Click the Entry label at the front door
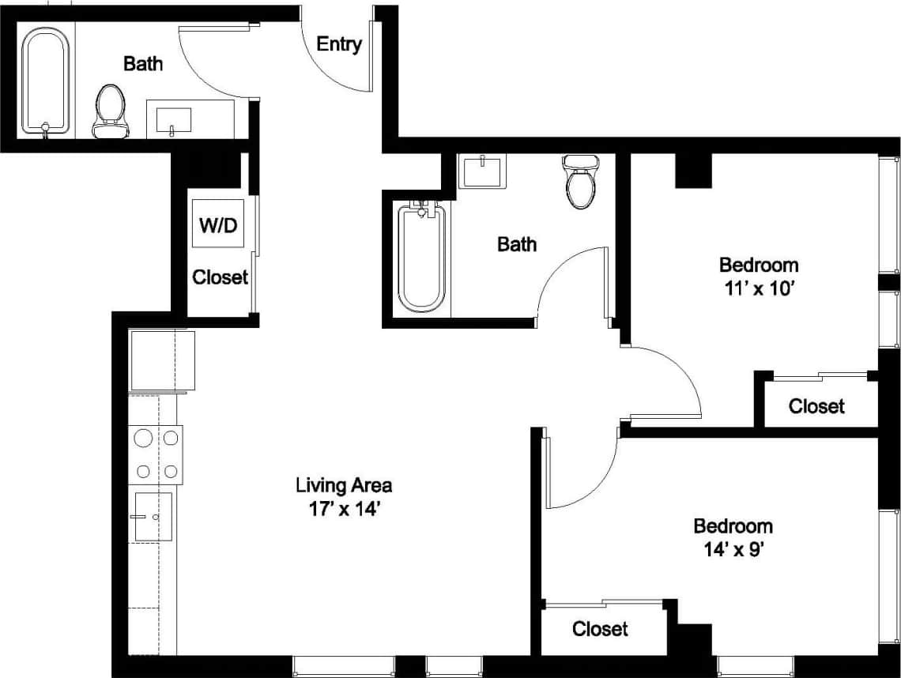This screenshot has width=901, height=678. (x=339, y=44)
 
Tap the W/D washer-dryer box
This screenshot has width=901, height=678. (x=217, y=224)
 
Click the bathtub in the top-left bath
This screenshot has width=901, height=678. (x=46, y=81)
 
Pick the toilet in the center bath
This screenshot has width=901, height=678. (x=579, y=182)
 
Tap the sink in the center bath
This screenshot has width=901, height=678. (x=481, y=171)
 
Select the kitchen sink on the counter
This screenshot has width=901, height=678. (x=153, y=517)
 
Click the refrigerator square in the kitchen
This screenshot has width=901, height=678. (x=162, y=360)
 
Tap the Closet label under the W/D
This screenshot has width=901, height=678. (x=221, y=277)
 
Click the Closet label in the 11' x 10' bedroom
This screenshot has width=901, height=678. (x=816, y=406)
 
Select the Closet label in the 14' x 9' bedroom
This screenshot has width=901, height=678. (x=600, y=629)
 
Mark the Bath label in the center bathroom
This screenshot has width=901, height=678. (x=517, y=244)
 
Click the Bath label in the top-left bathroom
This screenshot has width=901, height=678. (x=143, y=64)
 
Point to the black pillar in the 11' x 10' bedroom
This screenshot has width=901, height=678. (x=693, y=170)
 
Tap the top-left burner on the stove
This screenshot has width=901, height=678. (x=144, y=437)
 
